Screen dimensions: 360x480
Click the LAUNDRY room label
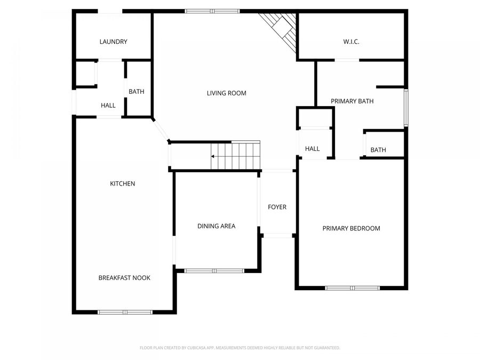click(x=113, y=42)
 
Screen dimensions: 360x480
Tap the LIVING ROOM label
click(x=227, y=93)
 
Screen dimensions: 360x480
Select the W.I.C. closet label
click(x=350, y=42)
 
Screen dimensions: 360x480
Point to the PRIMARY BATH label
click(x=352, y=101)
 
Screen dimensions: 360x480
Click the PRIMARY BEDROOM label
click(x=351, y=228)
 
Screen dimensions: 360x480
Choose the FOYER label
click(x=277, y=207)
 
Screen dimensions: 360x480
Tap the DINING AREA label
click(x=216, y=226)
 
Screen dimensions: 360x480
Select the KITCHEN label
click(x=122, y=183)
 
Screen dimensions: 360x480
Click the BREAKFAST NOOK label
click(x=124, y=278)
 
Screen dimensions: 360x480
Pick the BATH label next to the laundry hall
click(x=136, y=92)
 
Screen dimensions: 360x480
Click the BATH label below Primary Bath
click(x=378, y=150)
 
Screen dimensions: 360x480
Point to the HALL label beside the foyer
click(x=312, y=149)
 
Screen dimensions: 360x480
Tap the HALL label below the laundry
click(x=108, y=106)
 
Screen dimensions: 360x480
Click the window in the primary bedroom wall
click(x=352, y=288)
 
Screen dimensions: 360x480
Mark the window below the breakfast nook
click(x=125, y=312)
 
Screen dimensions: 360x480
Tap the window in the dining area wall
click(x=214, y=271)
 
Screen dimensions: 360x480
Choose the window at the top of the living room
click(x=212, y=11)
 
